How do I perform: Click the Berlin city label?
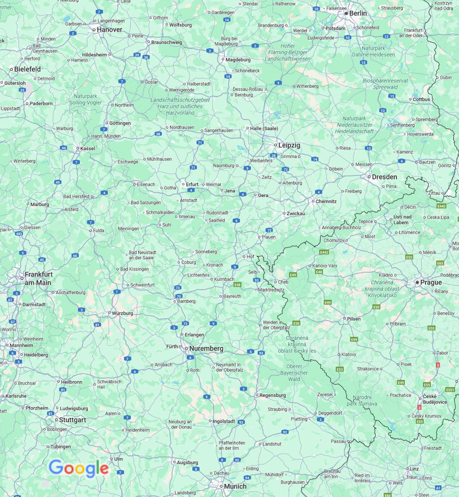[358, 13]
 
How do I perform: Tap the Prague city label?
[431, 282]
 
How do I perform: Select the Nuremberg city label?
[206, 349]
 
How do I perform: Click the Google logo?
[79, 468]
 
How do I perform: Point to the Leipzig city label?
[289, 145]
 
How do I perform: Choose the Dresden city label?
[384, 177]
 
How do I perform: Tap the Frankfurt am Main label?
[38, 278]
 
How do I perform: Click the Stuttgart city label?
[72, 420]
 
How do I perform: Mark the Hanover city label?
[109, 29]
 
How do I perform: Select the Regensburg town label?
[273, 395]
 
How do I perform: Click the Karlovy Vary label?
[325, 265]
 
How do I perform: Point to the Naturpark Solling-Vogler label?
[85, 99]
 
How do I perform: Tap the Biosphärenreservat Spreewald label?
[385, 84]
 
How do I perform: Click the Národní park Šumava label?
[362, 400]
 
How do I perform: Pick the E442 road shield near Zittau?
[441, 206]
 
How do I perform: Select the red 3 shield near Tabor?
[438, 365]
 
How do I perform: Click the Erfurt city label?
[192, 184]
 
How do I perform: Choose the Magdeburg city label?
[238, 60]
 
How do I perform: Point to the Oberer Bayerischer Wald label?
[294, 373]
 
